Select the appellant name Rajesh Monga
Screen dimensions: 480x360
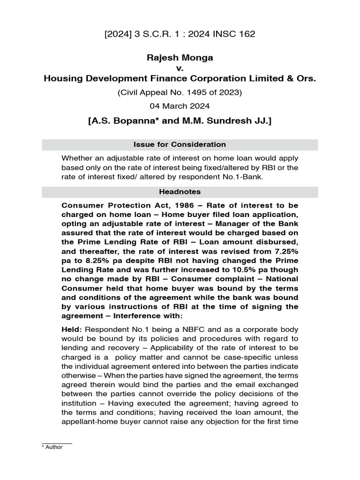pyautogui.click(x=180, y=58)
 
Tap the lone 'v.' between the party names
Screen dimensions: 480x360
pyautogui.click(x=180, y=68)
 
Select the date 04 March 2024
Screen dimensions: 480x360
pyautogui.click(x=180, y=106)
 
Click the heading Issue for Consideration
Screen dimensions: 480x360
pyautogui.click(x=180, y=144)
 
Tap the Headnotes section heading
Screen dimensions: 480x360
pyautogui.click(x=180, y=192)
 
